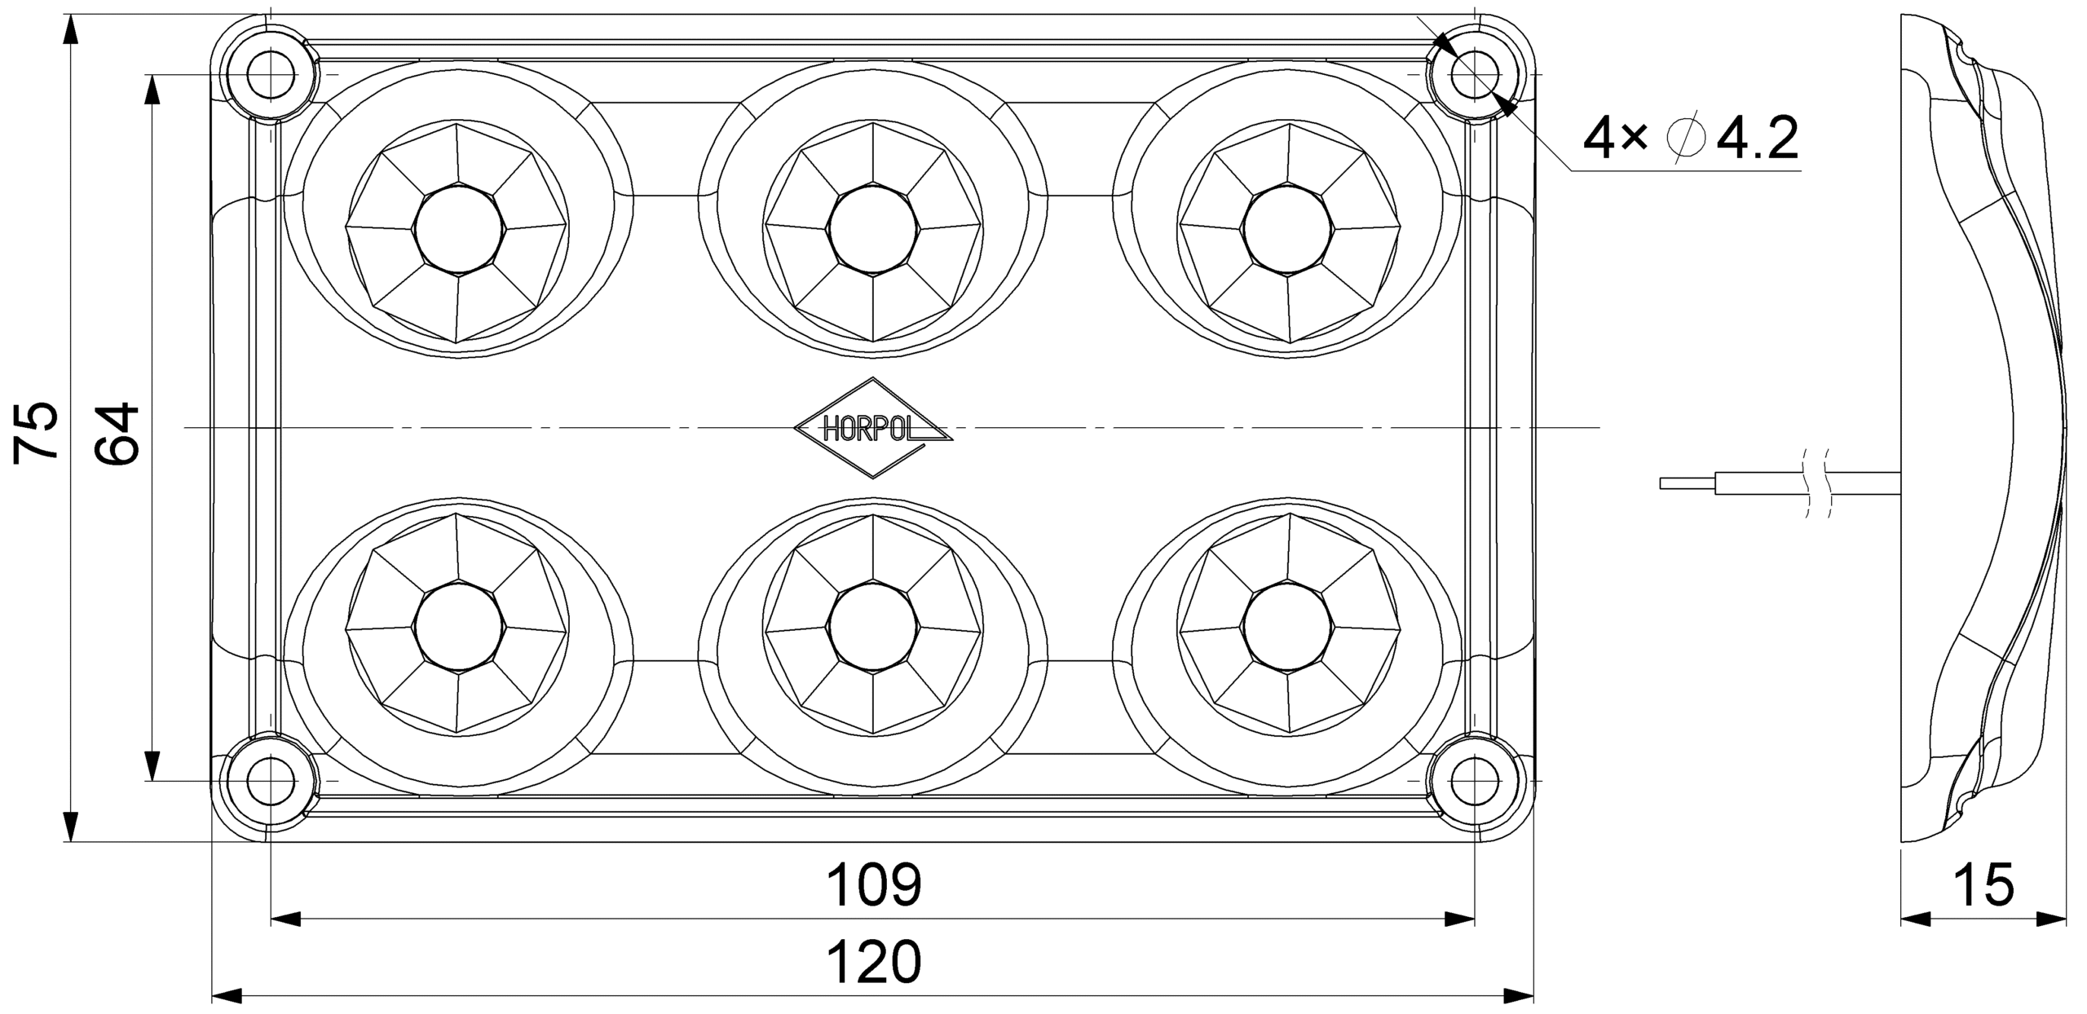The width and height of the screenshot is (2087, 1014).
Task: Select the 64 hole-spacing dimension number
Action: click(x=117, y=433)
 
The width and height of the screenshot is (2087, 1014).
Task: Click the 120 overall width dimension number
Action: click(x=874, y=962)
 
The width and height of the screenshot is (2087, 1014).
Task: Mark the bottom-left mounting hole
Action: click(x=271, y=780)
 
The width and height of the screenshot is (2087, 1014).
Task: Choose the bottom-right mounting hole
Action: click(x=1475, y=780)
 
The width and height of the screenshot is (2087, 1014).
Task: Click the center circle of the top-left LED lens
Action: click(x=458, y=229)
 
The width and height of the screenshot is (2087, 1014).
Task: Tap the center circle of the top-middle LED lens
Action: click(x=872, y=229)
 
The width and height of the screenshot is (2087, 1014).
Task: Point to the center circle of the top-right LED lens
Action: click(x=1288, y=229)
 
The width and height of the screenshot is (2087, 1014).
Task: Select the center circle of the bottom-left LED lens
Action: click(x=458, y=628)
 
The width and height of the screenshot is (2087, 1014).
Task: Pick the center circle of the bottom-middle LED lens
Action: click(x=872, y=628)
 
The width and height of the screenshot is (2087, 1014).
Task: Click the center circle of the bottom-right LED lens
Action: click(x=1288, y=628)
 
